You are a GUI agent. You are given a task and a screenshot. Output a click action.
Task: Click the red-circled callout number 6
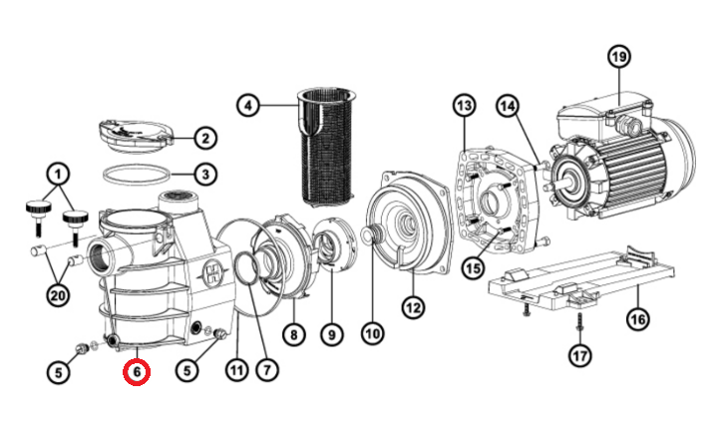point(137,372)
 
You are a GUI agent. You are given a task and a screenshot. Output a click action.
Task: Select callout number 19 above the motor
point(618,57)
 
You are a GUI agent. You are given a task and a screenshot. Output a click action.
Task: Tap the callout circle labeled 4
point(248,106)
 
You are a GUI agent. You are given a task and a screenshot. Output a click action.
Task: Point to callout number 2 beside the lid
point(205,138)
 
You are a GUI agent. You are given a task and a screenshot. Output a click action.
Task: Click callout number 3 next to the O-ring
point(205,175)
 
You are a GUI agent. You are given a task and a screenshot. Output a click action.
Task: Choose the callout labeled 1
point(58,175)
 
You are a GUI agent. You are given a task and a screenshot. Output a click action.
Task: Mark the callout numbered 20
point(58,295)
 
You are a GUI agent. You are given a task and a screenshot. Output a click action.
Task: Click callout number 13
point(465,106)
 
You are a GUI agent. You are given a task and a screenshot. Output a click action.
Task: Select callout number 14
point(508,106)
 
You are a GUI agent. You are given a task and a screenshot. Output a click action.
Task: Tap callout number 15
point(474,267)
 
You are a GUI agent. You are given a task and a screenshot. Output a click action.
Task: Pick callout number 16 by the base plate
point(638,318)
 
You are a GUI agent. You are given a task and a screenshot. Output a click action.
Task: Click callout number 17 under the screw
point(580,355)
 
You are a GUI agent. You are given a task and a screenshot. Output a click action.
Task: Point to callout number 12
point(413,307)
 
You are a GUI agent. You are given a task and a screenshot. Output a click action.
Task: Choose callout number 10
point(372,333)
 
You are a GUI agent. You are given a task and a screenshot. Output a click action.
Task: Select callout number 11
point(237,370)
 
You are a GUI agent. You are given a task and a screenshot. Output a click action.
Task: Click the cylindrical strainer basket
point(327,146)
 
